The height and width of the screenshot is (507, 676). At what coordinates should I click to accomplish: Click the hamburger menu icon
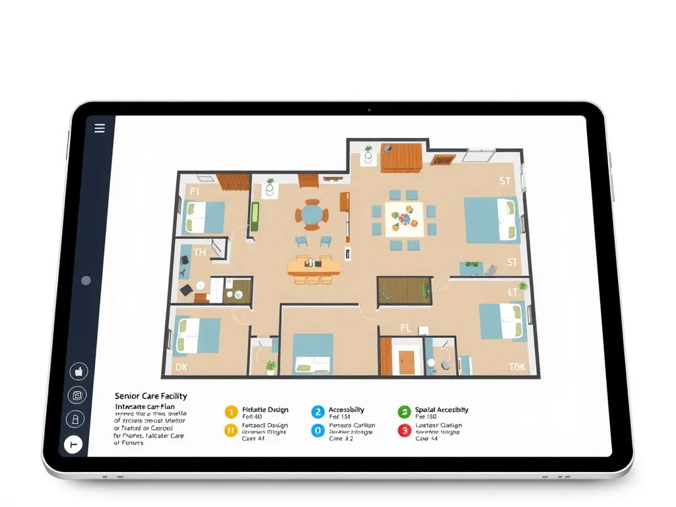(x=100, y=128)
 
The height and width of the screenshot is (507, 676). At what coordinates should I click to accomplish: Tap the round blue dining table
(x=311, y=215)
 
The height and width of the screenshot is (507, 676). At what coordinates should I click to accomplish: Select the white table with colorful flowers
(x=403, y=217)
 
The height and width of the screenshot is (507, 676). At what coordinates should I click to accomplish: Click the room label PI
(x=195, y=191)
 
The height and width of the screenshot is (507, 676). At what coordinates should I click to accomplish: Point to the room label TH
(x=199, y=252)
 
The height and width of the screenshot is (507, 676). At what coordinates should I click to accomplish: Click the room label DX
(x=181, y=366)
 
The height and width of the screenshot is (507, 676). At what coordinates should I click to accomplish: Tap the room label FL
(x=406, y=328)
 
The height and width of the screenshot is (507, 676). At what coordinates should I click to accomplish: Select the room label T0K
(x=518, y=367)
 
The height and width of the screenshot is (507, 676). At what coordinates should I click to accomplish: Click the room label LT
(x=512, y=292)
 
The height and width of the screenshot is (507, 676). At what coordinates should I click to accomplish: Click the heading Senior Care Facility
(x=151, y=396)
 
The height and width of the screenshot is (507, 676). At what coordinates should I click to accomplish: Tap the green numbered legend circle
(x=404, y=412)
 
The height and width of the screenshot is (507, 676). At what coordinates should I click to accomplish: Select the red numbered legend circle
(x=404, y=430)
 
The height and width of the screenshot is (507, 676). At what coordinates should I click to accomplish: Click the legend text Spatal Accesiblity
(x=442, y=410)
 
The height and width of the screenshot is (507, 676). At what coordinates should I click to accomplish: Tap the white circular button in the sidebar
(x=73, y=446)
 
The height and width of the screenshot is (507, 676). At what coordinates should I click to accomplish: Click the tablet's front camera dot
(x=368, y=110)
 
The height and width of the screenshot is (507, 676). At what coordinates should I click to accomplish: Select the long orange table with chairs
(x=314, y=267)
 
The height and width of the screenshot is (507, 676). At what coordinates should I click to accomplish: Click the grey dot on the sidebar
(x=86, y=281)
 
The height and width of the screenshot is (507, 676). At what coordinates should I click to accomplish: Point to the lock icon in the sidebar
(x=76, y=419)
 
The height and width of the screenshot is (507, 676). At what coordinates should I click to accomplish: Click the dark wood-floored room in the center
(x=402, y=291)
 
